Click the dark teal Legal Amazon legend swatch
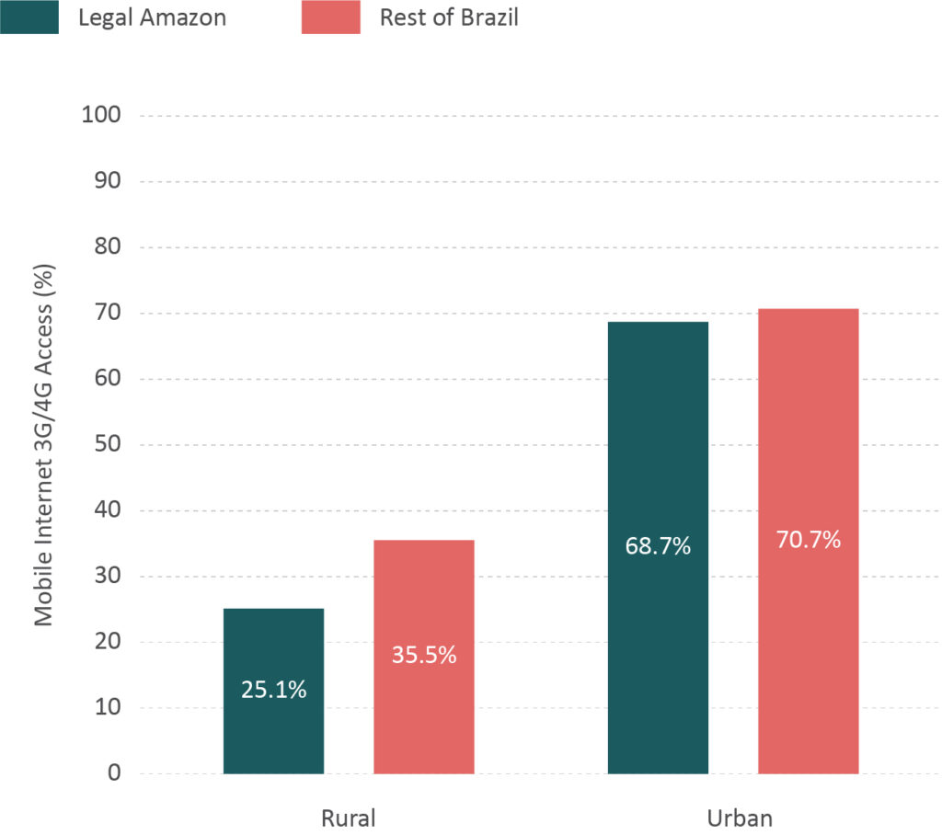click(x=29, y=17)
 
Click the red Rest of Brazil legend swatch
click(x=330, y=17)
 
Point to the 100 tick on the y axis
click(x=102, y=116)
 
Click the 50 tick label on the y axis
click(x=109, y=445)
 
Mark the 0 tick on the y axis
click(x=114, y=773)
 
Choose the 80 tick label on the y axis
click(x=109, y=247)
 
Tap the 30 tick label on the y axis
click(x=109, y=577)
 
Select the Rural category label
click(x=349, y=818)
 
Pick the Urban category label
click(x=733, y=818)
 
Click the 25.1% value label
click(x=273, y=690)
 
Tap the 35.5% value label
click(x=424, y=657)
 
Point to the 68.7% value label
click(x=658, y=546)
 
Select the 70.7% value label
click(x=809, y=540)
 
